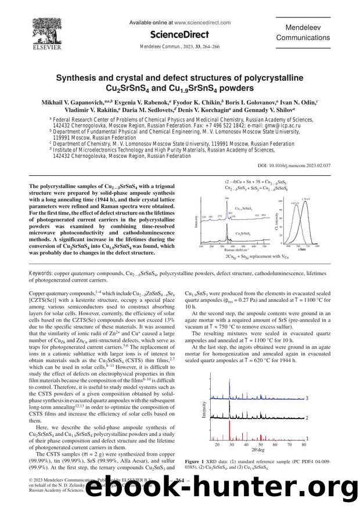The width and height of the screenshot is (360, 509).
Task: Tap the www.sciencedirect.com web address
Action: pyautogui.click(x=199, y=22)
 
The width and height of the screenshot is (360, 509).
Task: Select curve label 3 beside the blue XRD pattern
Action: pyautogui.click(x=307, y=399)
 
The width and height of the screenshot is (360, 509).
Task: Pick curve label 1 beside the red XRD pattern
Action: pyautogui.click(x=307, y=438)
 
